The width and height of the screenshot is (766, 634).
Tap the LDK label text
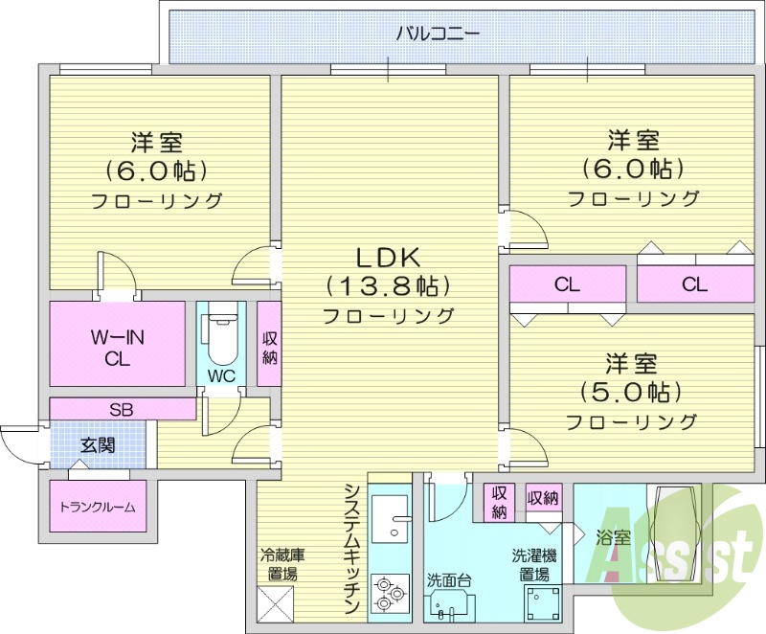coord(388,258)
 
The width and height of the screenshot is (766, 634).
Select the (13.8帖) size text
coord(388,285)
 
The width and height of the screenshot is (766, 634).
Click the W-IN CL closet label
coord(117,349)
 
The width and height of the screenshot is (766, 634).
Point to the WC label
coord(221,375)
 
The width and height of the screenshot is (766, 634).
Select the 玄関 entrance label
coord(97,444)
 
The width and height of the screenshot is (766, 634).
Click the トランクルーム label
coord(97,508)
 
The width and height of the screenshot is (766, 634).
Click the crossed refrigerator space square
coord(278,602)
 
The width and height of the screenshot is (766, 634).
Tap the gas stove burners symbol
coord(389,593)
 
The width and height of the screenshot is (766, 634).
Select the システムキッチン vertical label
coord(351,548)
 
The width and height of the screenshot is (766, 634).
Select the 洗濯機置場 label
coord(533,565)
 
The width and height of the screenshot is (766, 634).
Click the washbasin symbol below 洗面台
coord(449,608)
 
